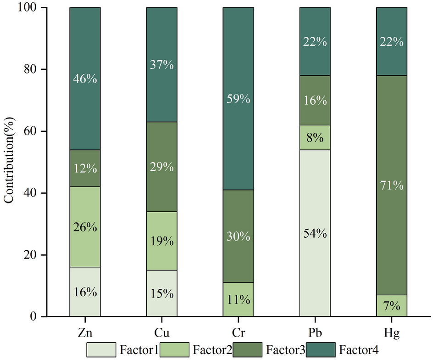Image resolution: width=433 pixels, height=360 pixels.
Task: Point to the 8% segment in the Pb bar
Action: pyautogui.click(x=315, y=137)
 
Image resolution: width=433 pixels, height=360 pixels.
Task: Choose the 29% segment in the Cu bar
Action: pyautogui.click(x=161, y=167)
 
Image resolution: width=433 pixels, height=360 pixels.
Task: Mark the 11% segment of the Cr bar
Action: pyautogui.click(x=238, y=300)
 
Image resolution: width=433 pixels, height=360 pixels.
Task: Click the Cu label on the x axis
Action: pyautogui.click(x=161, y=332)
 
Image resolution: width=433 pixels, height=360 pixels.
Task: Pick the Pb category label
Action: pyautogui.click(x=315, y=332)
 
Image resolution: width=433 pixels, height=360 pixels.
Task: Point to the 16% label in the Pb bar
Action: pyautogui.click(x=315, y=100)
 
